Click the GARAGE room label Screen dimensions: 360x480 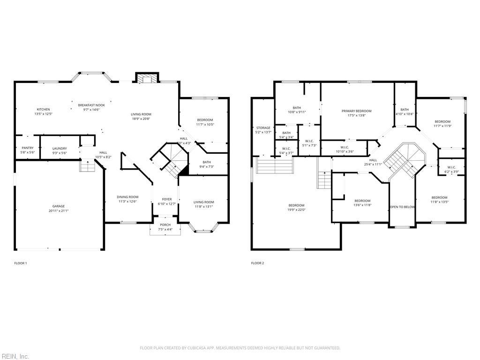[x=59, y=206]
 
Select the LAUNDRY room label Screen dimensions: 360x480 [x=60, y=149]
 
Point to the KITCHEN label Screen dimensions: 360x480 [x=44, y=109]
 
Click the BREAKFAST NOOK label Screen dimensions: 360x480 [x=91, y=105]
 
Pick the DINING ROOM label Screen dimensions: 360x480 [x=127, y=197]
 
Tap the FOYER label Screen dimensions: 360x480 [x=167, y=199]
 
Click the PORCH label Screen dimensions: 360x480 [x=165, y=225]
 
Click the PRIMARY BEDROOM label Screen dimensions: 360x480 [x=356, y=111]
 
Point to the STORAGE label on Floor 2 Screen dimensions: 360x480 [x=263, y=127]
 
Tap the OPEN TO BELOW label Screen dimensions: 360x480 [x=402, y=207]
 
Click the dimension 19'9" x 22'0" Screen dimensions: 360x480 [x=296, y=210]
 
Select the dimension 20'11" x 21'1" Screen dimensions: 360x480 [x=59, y=211]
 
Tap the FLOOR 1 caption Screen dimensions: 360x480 [x=21, y=263]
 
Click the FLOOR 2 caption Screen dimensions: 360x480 [x=257, y=263]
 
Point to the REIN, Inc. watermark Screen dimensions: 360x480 [x=15, y=356]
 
